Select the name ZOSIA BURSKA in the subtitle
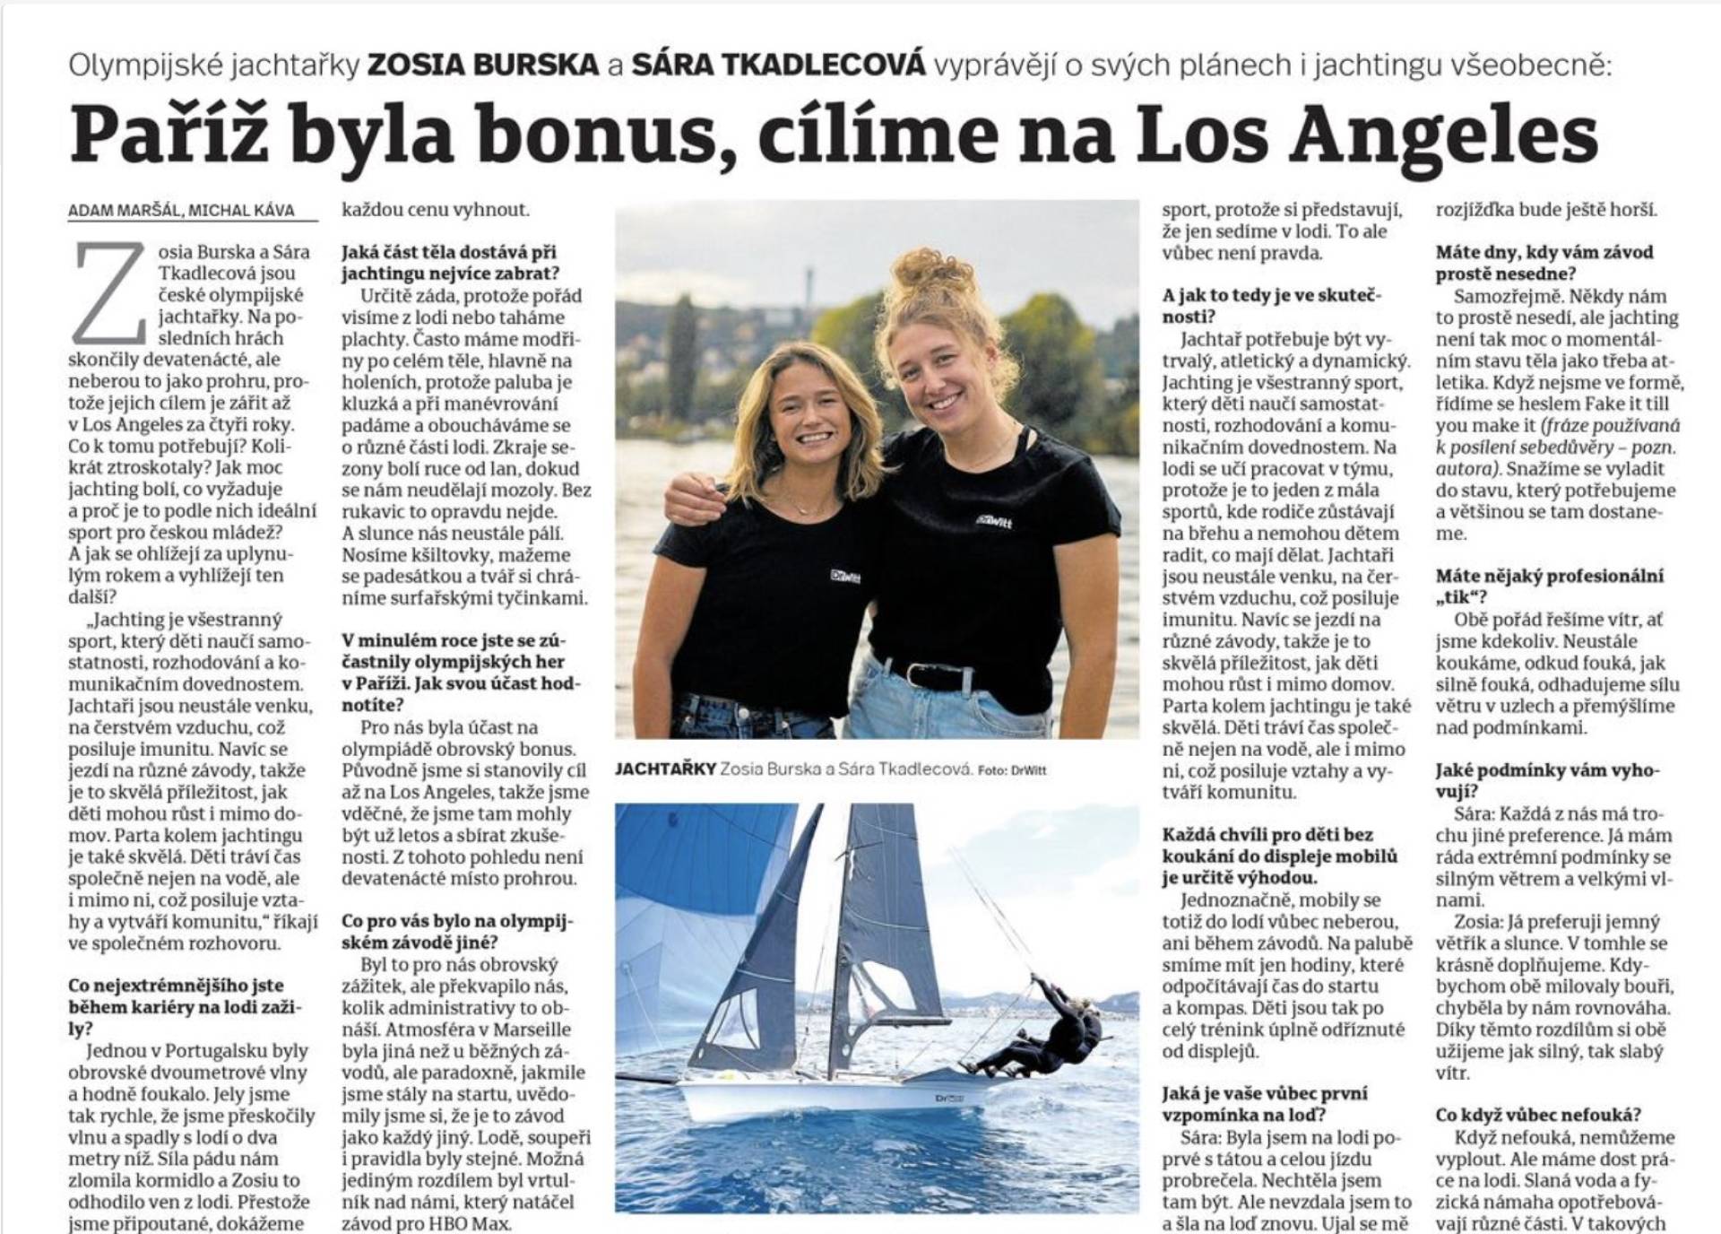(483, 65)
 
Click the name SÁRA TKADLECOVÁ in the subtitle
(778, 65)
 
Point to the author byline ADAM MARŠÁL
(125, 210)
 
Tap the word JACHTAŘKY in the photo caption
(665, 769)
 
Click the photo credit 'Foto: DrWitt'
(1012, 770)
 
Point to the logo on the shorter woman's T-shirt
(844, 575)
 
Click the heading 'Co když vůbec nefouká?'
(1538, 1115)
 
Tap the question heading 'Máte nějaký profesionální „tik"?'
(1549, 587)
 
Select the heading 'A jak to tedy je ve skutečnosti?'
(1271, 306)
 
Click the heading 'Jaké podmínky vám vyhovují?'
(1546, 780)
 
